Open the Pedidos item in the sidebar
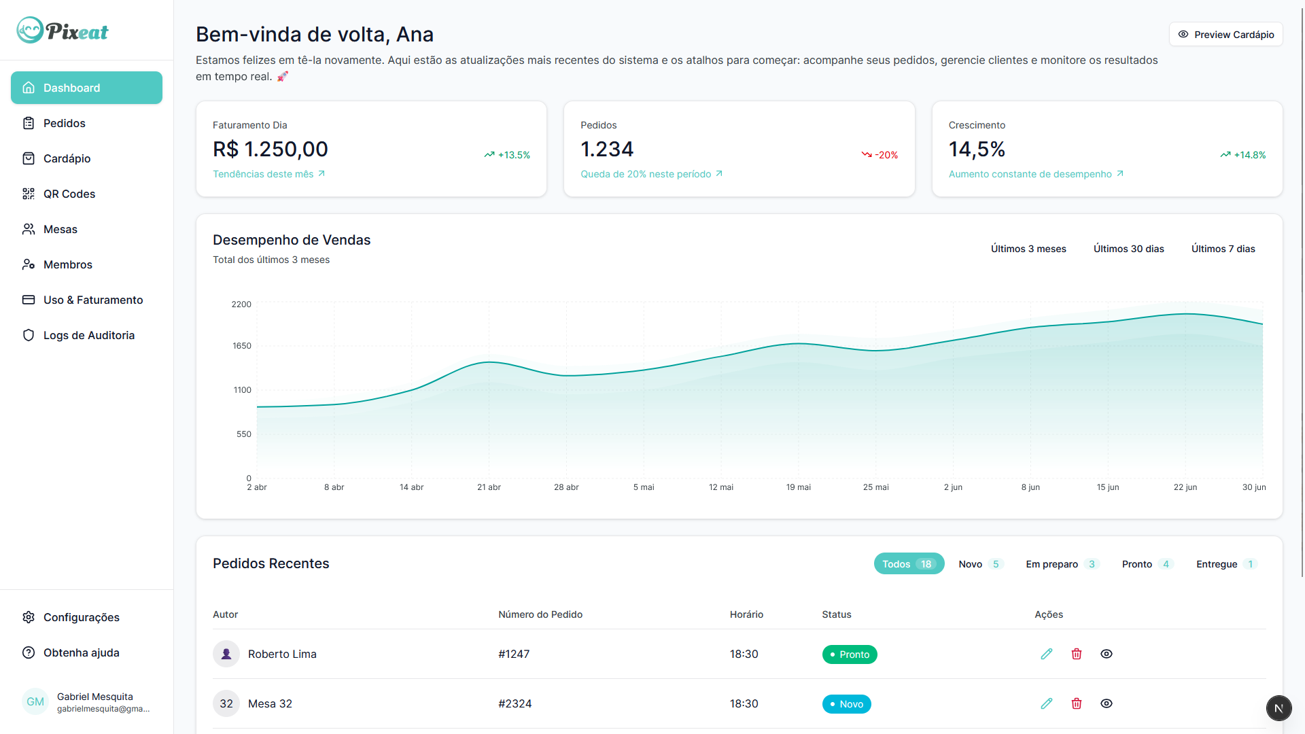64,123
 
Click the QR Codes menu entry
69,194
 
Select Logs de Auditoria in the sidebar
88,335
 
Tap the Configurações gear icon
29,617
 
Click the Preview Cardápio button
1225,35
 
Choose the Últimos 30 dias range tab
1128,249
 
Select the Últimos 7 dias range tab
1223,249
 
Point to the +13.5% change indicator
507,155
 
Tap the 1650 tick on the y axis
242,346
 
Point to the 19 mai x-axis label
798,487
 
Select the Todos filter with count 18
908,564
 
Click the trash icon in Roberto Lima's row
1077,654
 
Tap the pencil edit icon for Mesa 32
1047,703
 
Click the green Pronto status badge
850,654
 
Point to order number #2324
515,703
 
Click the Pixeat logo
63,31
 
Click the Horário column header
746,614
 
